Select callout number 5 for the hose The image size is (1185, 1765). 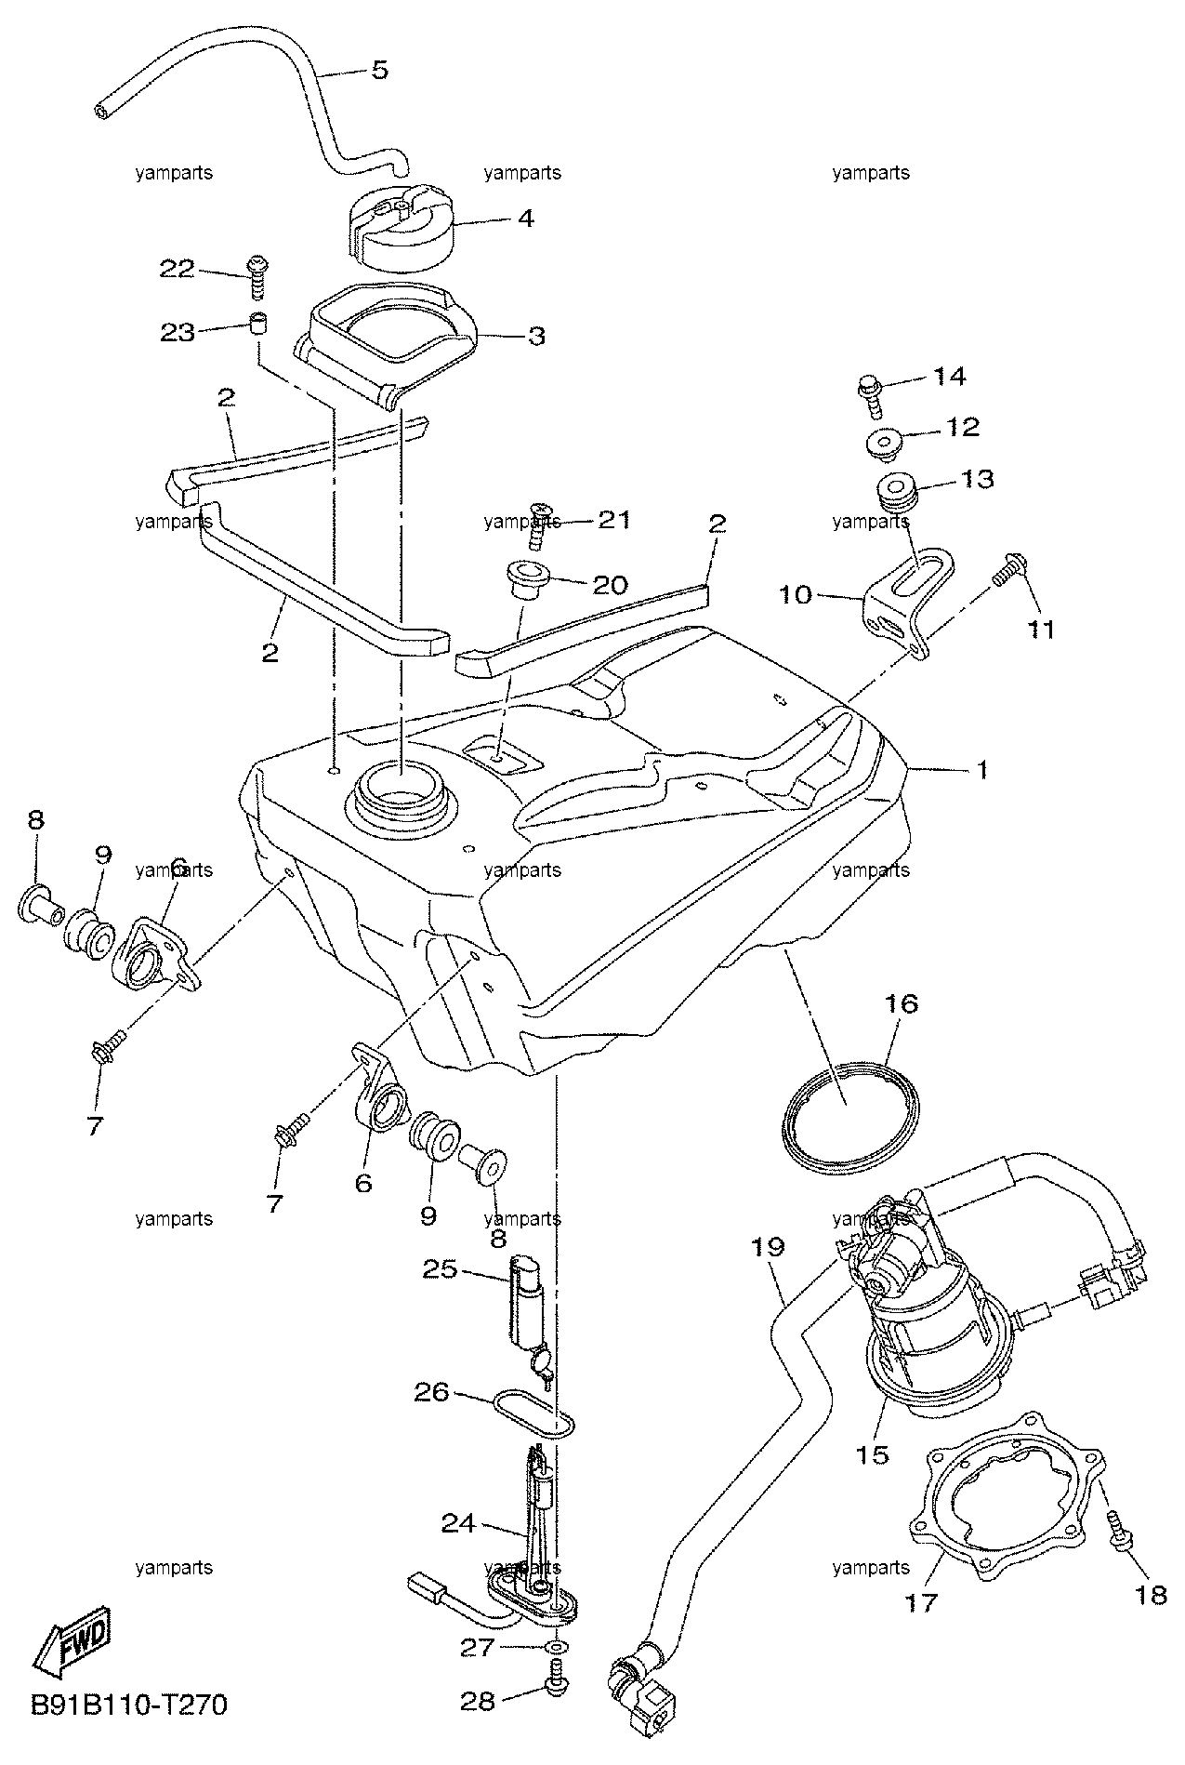coord(379,70)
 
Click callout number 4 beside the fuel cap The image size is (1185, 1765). coord(525,219)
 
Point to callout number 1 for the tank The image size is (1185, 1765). coord(981,771)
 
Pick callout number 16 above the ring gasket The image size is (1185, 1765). coord(902,1004)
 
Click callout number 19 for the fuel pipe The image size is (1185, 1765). coord(770,1246)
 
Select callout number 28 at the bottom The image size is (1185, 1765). coord(480,1702)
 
